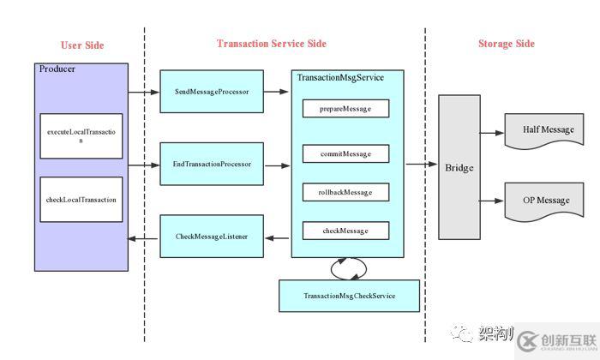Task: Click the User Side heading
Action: point(82,45)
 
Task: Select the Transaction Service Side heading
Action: point(271,44)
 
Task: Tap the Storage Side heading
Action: point(506,44)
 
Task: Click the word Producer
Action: point(57,69)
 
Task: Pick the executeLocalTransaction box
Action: point(81,136)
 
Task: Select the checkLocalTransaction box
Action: point(81,200)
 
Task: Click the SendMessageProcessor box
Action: point(212,92)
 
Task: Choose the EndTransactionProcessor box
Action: point(212,163)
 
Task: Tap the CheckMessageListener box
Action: point(212,236)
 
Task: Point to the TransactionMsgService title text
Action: point(340,78)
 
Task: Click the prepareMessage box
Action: point(345,109)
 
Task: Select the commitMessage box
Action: point(345,154)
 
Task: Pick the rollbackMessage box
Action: point(345,192)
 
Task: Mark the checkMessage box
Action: point(345,231)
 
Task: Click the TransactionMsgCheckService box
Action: point(349,296)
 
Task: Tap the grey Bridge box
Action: point(459,167)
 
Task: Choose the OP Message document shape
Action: point(547,201)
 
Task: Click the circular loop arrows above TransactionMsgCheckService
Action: point(349,268)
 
